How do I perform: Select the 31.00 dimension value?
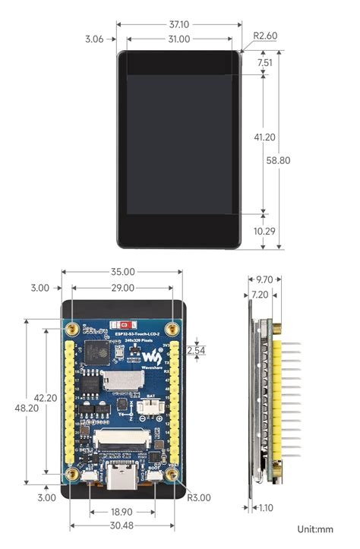(x=178, y=39)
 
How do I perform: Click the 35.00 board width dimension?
(x=122, y=271)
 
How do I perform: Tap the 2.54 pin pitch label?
(x=196, y=350)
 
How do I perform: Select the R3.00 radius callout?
(x=199, y=498)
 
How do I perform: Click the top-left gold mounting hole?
(x=71, y=328)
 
